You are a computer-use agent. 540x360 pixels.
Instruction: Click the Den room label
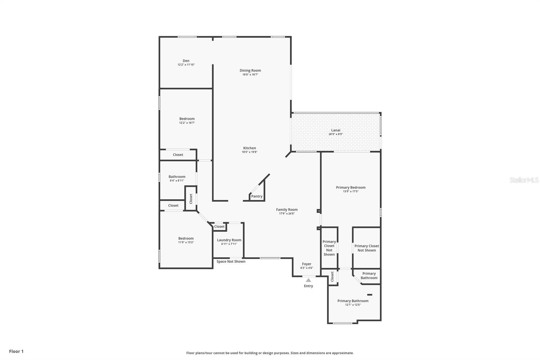tap(186, 61)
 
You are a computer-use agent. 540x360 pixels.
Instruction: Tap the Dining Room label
tap(250, 71)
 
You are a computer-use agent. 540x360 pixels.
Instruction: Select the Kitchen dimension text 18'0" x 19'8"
tap(250, 152)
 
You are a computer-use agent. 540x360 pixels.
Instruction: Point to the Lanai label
tap(335, 130)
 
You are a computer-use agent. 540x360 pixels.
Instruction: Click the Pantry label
tap(257, 197)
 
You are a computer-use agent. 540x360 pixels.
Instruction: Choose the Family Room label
tap(287, 210)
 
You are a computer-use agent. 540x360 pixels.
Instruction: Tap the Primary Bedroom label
tap(351, 187)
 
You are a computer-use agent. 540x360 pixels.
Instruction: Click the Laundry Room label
tap(229, 240)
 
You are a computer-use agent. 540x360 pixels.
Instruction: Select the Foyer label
tap(307, 264)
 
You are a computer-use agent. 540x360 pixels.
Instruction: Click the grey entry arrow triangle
tap(308, 280)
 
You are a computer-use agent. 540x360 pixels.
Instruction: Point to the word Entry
tap(308, 286)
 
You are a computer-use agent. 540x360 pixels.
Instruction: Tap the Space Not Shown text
tap(231, 261)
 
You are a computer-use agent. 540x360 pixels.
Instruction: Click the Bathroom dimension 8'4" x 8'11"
tap(177, 181)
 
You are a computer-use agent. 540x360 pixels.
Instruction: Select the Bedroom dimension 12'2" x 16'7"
tap(187, 123)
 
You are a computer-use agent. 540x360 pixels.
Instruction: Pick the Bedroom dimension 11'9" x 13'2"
tap(186, 242)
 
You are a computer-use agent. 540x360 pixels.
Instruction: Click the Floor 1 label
tap(17, 351)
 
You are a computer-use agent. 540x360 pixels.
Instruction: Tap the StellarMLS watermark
tap(524, 180)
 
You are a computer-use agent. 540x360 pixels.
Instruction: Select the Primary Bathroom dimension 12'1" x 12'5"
tap(353, 305)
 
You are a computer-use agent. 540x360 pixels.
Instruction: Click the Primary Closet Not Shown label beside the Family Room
tap(329, 248)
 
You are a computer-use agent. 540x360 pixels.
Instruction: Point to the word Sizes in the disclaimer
tap(295, 353)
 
